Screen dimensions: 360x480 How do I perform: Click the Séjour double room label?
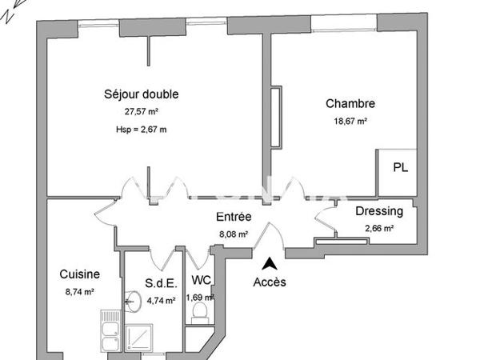pos(142,94)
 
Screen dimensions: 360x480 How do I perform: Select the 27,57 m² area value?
pos(142,113)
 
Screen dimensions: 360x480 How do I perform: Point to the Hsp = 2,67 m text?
pos(142,129)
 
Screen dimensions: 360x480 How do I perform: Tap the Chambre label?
pos(350,103)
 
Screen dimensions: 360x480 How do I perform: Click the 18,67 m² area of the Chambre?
pos(350,122)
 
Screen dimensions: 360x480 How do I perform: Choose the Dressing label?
pos(379,212)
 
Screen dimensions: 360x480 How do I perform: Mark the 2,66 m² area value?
pos(379,228)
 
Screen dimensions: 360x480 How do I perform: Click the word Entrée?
pos(234,217)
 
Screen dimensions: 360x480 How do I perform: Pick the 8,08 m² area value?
pos(234,234)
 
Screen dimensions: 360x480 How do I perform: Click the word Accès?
pos(269,282)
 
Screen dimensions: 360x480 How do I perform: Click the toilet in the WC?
pos(201,310)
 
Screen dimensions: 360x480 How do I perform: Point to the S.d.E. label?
pos(160,282)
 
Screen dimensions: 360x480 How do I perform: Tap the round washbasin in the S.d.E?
pos(134,302)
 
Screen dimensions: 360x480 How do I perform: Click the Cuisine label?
pos(80,274)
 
